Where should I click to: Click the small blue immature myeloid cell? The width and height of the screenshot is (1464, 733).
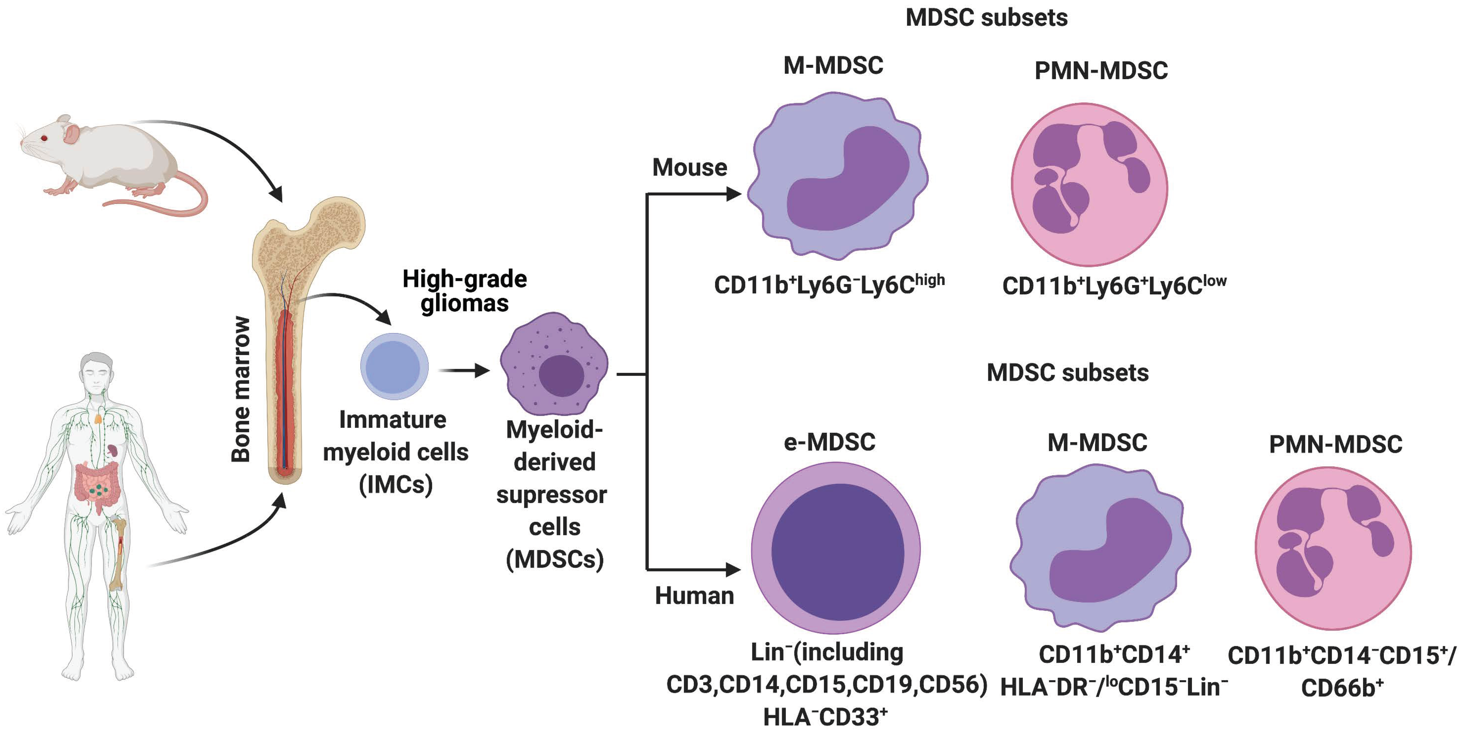pyautogui.click(x=394, y=367)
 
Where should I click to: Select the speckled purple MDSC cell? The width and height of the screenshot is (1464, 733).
pyautogui.click(x=554, y=364)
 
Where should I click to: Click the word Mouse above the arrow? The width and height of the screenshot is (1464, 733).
pyautogui.click(x=689, y=167)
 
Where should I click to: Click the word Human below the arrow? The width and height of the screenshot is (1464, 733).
pyautogui.click(x=694, y=595)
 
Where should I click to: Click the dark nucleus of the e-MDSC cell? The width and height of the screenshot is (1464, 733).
pyautogui.click(x=837, y=552)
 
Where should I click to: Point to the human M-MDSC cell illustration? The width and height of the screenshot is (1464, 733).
pyautogui.click(x=1100, y=549)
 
